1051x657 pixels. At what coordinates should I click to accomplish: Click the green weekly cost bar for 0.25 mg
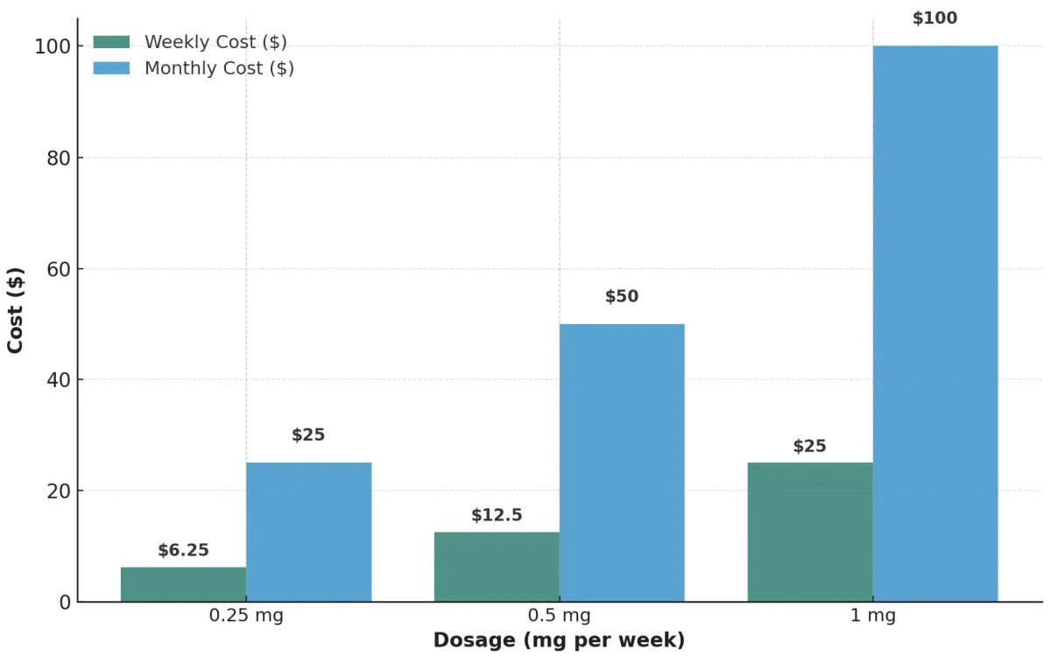[x=183, y=584]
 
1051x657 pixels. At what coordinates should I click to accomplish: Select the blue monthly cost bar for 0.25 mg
[x=308, y=532]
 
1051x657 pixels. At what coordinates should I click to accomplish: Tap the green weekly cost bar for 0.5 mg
[x=497, y=567]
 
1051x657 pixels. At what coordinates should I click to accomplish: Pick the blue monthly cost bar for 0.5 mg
[x=622, y=463]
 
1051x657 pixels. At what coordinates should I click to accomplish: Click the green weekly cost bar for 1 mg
[x=810, y=532]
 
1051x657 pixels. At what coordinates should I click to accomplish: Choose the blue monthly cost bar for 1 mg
[x=935, y=323]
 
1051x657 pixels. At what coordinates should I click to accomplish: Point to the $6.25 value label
[x=183, y=550]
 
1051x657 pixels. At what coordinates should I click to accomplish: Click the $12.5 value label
[x=497, y=515]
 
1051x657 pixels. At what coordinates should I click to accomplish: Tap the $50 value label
[x=622, y=296]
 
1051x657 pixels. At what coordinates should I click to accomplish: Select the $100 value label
[x=935, y=18]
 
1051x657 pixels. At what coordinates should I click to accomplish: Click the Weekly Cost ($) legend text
[x=215, y=42]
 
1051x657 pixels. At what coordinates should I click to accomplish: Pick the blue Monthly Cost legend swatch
[x=111, y=68]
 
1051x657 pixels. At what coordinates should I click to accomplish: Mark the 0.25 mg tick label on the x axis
[x=246, y=616]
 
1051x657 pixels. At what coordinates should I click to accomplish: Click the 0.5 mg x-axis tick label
[x=560, y=616]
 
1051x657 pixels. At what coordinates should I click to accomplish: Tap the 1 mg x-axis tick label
[x=872, y=616]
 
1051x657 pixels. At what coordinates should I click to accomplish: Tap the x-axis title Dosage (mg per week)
[x=559, y=640]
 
